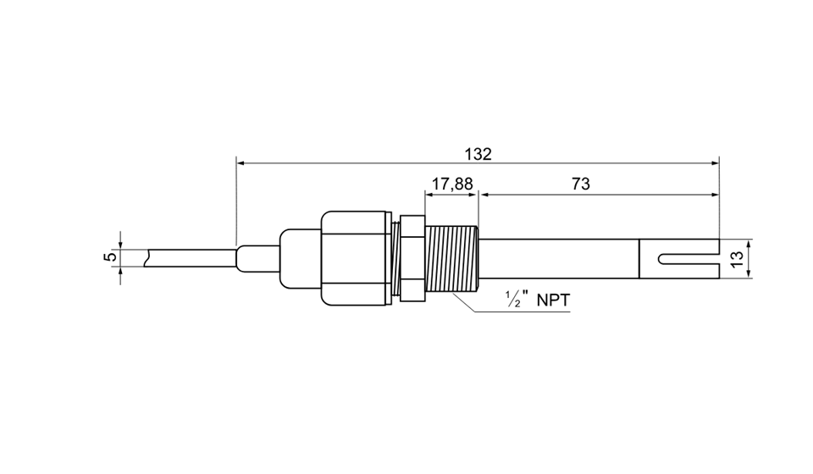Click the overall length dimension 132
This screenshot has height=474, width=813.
[x=478, y=154]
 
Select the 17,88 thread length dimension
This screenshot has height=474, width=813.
[x=452, y=184]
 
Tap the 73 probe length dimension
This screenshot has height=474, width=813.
[x=581, y=184]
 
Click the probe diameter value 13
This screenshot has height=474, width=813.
[x=737, y=258]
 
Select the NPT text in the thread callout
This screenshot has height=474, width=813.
[x=553, y=300]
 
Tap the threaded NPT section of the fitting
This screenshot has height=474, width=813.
[x=451, y=258]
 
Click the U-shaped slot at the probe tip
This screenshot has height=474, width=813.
[x=688, y=258]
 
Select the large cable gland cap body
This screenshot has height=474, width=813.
[x=355, y=258]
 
